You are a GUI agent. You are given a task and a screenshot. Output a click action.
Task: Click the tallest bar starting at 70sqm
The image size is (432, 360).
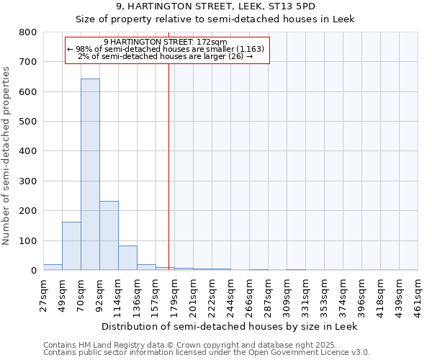[90, 174]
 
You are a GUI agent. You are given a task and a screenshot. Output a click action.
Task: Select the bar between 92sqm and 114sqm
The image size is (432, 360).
[109, 235]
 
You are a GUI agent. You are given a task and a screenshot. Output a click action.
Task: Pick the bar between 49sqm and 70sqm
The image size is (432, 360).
[71, 246]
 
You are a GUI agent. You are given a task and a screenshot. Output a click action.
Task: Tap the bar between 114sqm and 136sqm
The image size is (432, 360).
[127, 258]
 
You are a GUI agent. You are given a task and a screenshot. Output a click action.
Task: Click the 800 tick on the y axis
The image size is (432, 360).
[27, 32]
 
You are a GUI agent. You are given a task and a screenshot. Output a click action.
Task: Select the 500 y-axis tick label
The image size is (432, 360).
[27, 122]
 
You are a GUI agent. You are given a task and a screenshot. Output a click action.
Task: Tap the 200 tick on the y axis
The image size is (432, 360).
[27, 211]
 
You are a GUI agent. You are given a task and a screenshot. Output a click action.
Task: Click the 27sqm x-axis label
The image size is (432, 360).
[44, 294]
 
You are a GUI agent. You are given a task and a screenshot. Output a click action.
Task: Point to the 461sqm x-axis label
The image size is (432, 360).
[418, 294]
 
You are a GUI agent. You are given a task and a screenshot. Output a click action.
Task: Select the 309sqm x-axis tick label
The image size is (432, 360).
[287, 294]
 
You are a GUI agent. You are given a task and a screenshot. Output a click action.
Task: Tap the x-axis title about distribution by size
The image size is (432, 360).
[230, 326]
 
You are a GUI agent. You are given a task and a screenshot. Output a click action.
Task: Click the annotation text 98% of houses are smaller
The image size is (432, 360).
[166, 49]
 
